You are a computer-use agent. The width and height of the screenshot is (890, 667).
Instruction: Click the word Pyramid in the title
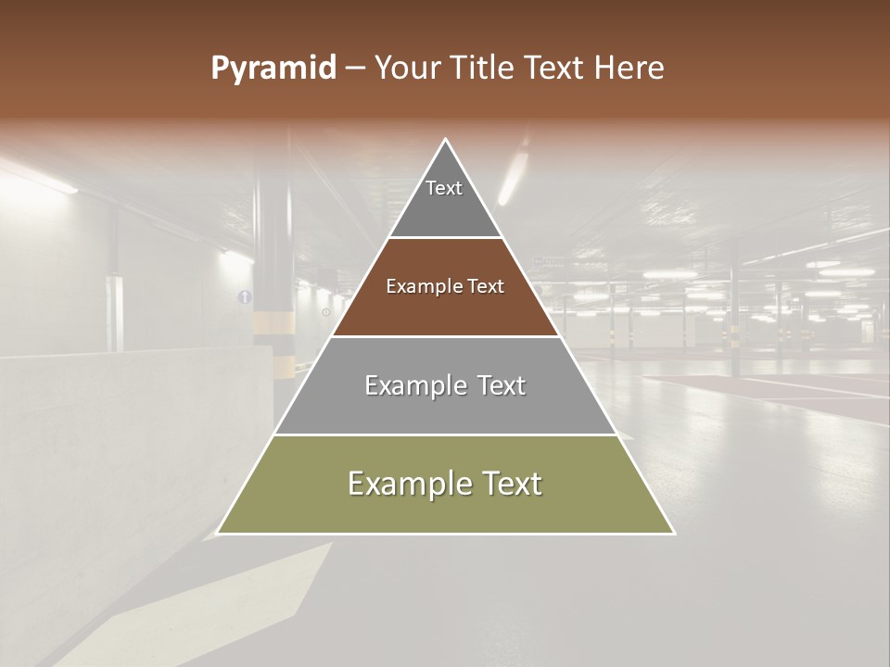pos(273,69)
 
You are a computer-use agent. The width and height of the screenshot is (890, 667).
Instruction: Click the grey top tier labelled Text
pos(444,199)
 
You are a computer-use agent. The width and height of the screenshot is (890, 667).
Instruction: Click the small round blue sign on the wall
pos(245,296)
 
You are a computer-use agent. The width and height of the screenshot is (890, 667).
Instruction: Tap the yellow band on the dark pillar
pos(274,321)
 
